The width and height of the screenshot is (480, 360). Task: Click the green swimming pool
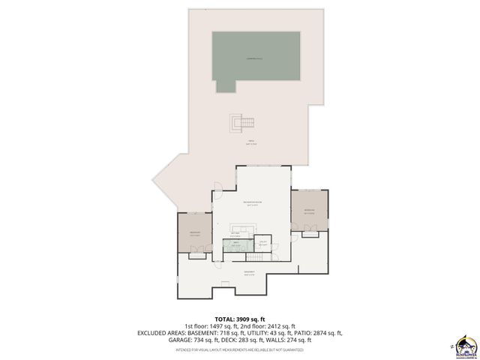click(x=256, y=60)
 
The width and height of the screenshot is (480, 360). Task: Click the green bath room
click(x=237, y=244)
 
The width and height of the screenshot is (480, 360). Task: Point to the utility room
click(x=262, y=242)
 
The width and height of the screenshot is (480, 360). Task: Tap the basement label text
click(x=249, y=272)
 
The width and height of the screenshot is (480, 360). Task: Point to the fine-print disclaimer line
click(x=240, y=349)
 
